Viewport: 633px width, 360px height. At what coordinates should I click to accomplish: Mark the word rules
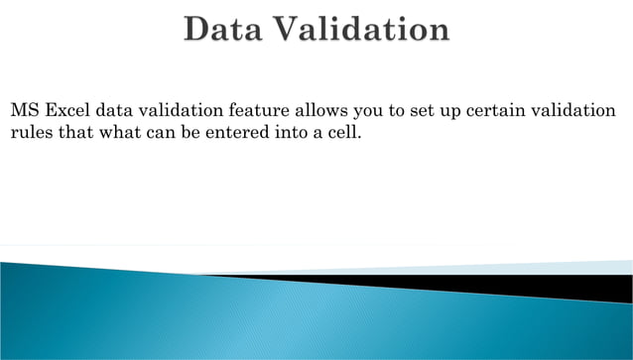(x=30, y=133)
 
